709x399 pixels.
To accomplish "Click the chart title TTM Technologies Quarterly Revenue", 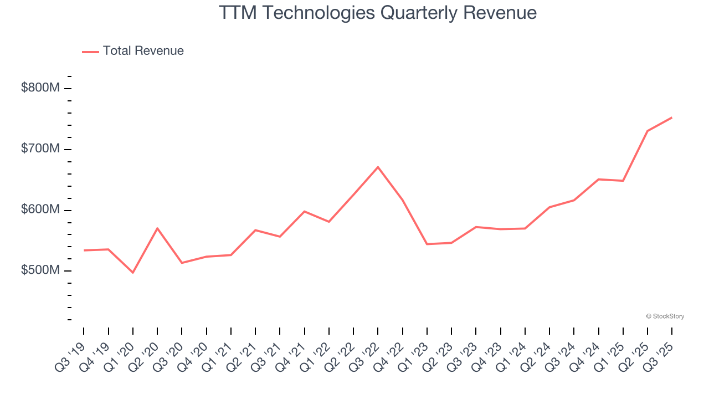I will (377, 13).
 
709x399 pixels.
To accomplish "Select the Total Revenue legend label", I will (143, 51).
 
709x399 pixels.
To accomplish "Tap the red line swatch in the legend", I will (90, 52).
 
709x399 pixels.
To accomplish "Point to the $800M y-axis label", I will (40, 88).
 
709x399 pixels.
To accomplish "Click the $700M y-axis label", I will (40, 149).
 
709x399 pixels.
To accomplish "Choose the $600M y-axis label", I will (40, 210).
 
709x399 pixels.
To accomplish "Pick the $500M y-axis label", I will (40, 271).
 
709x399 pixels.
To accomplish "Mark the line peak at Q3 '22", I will (378, 167).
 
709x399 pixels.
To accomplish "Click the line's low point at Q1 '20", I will (133, 273).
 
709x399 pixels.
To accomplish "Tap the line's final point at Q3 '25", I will (671, 117).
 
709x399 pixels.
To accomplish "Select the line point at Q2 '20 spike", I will (157, 228).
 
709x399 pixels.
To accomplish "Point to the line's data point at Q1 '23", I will (427, 244).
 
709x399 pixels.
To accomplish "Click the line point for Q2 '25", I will (647, 131).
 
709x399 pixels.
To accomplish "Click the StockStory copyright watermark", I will (665, 316).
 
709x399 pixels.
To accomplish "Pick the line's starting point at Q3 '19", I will (84, 250).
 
